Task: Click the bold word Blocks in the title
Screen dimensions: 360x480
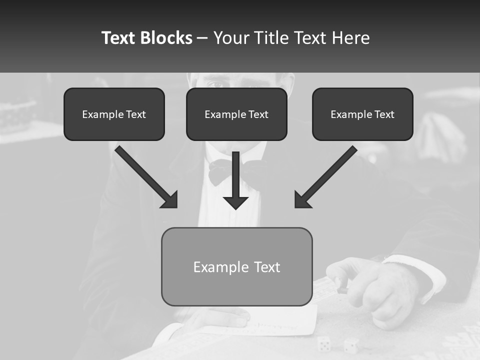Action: pyautogui.click(x=166, y=38)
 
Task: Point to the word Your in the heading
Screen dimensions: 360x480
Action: pyautogui.click(x=231, y=38)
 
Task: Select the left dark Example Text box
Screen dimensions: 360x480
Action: pyautogui.click(x=114, y=114)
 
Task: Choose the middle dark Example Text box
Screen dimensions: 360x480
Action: pyautogui.click(x=236, y=114)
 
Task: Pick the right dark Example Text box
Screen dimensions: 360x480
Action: pyautogui.click(x=362, y=114)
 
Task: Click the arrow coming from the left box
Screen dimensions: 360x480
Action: pyautogui.click(x=147, y=177)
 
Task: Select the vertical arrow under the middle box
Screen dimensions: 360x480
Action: pyautogui.click(x=235, y=182)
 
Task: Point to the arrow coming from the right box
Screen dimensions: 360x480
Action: pyautogui.click(x=325, y=177)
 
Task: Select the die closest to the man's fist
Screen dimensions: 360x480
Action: pyautogui.click(x=351, y=345)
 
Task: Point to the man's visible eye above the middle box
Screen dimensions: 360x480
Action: pyautogui.click(x=215, y=81)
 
